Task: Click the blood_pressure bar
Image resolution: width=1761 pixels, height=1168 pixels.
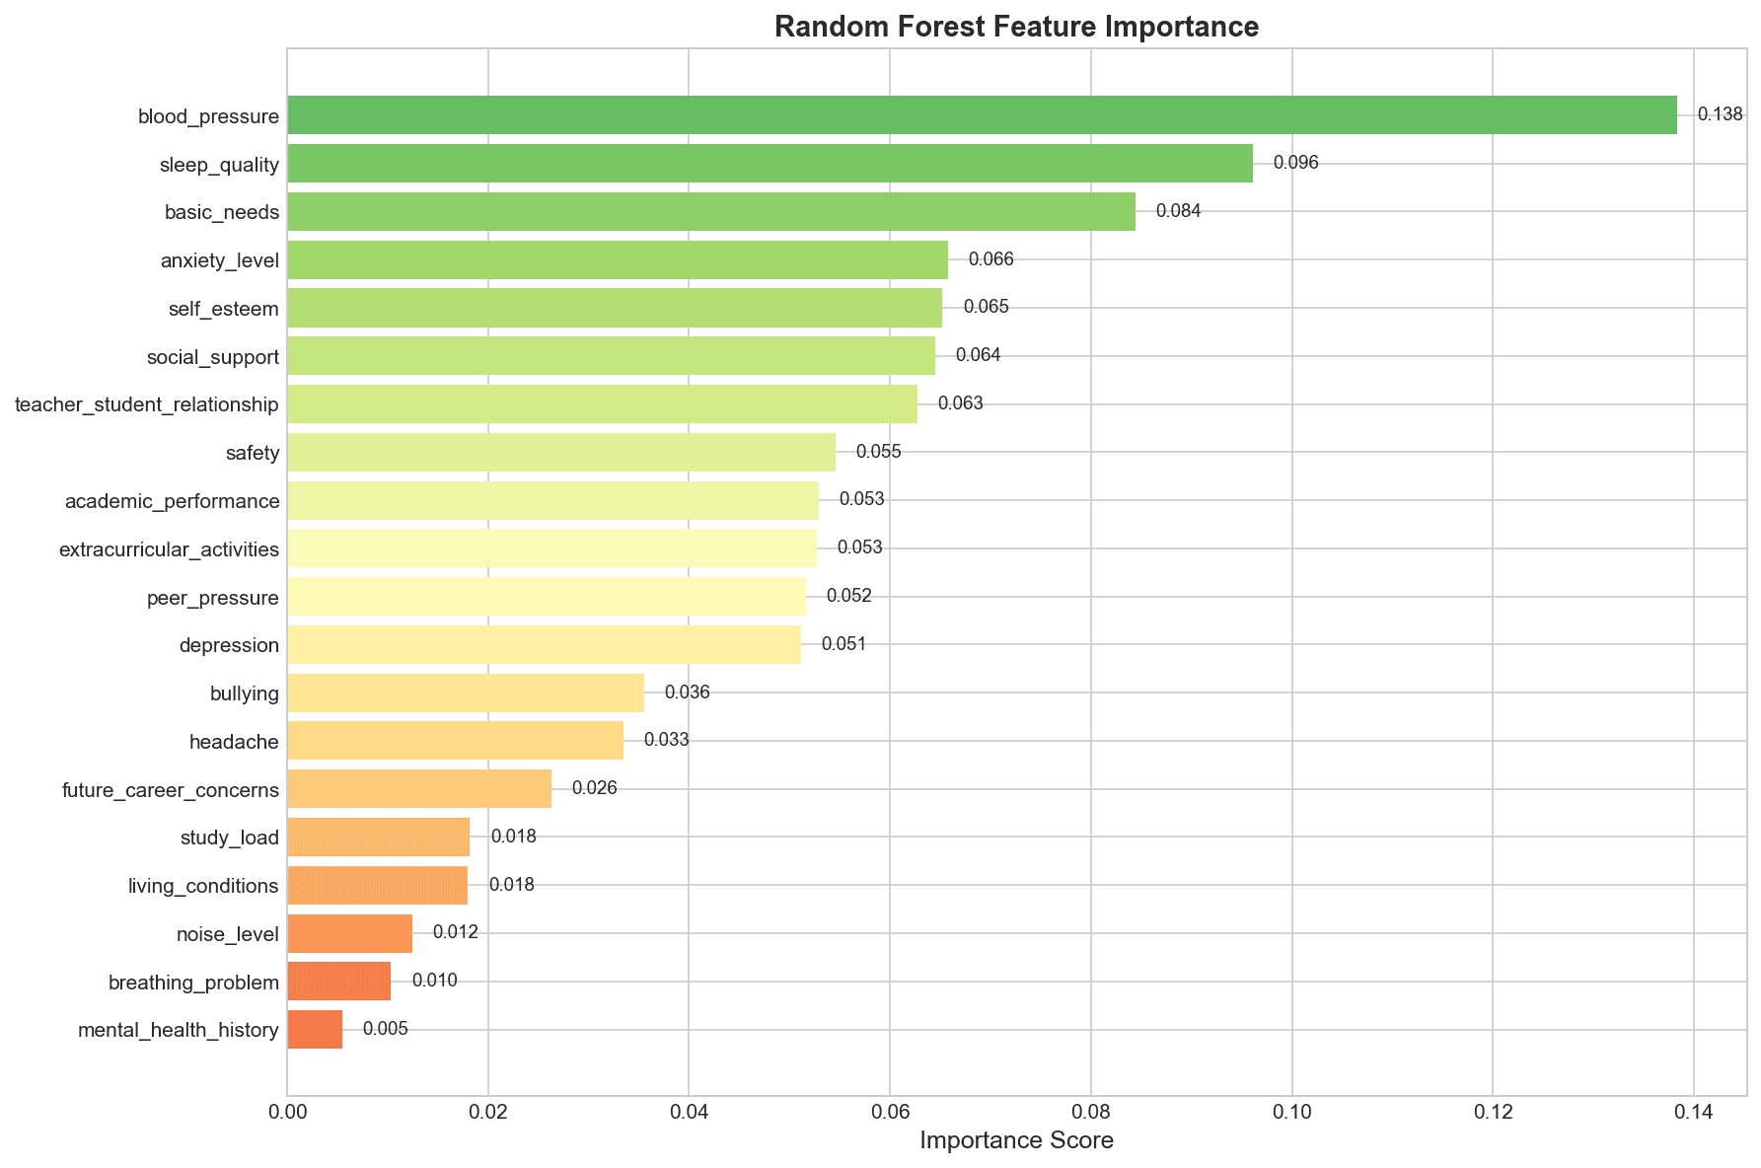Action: click(982, 115)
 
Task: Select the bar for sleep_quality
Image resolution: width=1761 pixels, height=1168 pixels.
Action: click(770, 164)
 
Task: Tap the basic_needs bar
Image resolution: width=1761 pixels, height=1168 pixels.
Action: click(710, 212)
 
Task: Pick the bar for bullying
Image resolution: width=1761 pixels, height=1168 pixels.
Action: click(466, 693)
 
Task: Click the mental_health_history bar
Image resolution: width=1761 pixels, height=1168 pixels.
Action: click(315, 1030)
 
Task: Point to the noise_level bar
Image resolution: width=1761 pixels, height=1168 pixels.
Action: click(349, 933)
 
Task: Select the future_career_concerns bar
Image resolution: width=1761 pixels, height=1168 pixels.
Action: click(419, 789)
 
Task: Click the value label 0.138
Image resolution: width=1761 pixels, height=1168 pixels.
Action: click(1720, 115)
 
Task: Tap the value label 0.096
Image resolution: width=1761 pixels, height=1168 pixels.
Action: click(1295, 164)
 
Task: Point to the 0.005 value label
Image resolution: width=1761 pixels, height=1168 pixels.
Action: click(385, 1030)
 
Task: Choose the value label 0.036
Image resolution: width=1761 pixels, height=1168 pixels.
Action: click(687, 693)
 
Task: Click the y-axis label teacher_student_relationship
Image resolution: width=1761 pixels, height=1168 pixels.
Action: click(147, 404)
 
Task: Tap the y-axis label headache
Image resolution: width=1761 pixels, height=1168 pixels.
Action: click(234, 742)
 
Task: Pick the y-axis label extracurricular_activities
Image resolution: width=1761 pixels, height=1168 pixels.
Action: click(169, 549)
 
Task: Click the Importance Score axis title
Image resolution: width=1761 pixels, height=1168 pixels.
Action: click(1016, 1141)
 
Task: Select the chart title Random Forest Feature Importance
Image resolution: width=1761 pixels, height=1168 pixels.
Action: click(1016, 27)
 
